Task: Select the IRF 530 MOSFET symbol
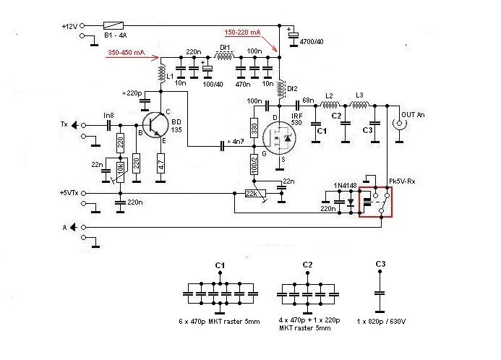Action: (x=278, y=137)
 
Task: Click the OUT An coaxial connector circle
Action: (x=398, y=124)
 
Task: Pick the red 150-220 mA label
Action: (x=244, y=33)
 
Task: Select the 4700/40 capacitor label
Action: (x=313, y=43)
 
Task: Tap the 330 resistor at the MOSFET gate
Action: (x=254, y=129)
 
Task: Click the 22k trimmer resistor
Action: (x=253, y=193)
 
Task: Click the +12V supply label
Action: (x=69, y=26)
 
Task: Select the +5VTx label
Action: (x=69, y=193)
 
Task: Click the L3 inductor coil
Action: (x=359, y=106)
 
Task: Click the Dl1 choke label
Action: (x=225, y=48)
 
